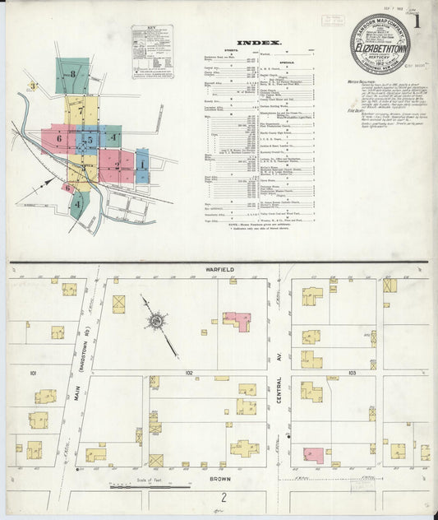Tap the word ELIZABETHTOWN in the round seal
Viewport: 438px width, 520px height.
[379, 49]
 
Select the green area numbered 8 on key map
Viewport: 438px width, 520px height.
[73, 74]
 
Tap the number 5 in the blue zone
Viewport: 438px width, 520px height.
[89, 141]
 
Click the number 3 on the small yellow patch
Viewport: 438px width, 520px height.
[33, 86]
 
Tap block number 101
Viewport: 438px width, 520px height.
[34, 373]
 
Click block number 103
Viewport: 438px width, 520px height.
[351, 373]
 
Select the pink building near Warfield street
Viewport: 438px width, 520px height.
[237, 319]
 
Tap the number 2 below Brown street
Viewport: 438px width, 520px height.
[222, 497]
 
